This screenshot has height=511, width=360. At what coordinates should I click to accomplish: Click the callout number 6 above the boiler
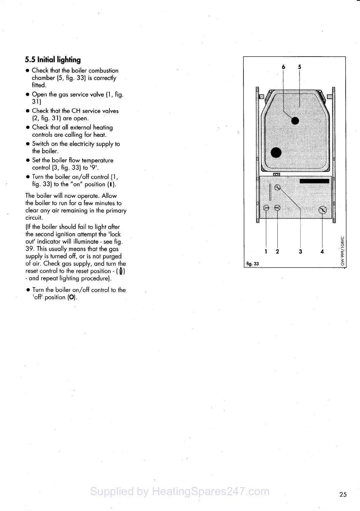(283, 67)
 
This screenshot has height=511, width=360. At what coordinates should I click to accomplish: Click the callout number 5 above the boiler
(299, 67)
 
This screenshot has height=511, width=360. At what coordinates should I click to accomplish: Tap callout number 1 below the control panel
(266, 252)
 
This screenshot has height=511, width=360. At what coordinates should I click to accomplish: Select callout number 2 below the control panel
(277, 252)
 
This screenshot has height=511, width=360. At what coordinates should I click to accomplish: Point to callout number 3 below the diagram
(300, 252)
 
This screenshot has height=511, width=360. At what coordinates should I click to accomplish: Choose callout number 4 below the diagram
(322, 252)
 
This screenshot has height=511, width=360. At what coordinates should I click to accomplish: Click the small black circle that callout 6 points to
(295, 121)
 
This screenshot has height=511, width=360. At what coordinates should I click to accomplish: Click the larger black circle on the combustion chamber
(276, 152)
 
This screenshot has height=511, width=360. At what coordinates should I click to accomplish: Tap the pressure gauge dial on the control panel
(323, 210)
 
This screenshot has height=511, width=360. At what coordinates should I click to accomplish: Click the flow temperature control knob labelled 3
(277, 187)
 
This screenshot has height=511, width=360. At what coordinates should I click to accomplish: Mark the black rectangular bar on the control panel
(314, 181)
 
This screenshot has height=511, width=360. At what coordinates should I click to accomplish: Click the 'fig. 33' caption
(252, 264)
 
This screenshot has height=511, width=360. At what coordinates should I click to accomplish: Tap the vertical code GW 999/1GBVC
(343, 251)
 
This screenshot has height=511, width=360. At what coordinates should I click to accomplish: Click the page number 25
(343, 494)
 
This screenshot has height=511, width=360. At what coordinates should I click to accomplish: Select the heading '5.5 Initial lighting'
(53, 60)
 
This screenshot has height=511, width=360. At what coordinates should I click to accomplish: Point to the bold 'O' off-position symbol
(72, 298)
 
